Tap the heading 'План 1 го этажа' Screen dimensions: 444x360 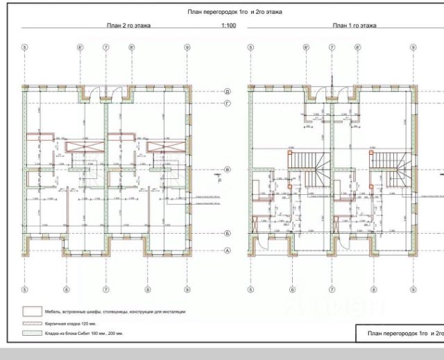pos(354,26)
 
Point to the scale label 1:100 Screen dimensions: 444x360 pos(228,26)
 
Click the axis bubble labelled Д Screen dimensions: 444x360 pos(228,92)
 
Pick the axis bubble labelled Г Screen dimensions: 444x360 pos(228,103)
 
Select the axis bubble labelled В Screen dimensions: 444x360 pos(228,169)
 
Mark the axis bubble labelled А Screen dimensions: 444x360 pos(228,250)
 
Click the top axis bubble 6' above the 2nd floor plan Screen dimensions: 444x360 pos(81,47)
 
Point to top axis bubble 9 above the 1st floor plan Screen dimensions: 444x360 pos(413,47)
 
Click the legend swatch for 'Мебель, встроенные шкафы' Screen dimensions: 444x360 pos(33,311)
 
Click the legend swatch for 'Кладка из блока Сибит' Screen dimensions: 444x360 pos(33,334)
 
